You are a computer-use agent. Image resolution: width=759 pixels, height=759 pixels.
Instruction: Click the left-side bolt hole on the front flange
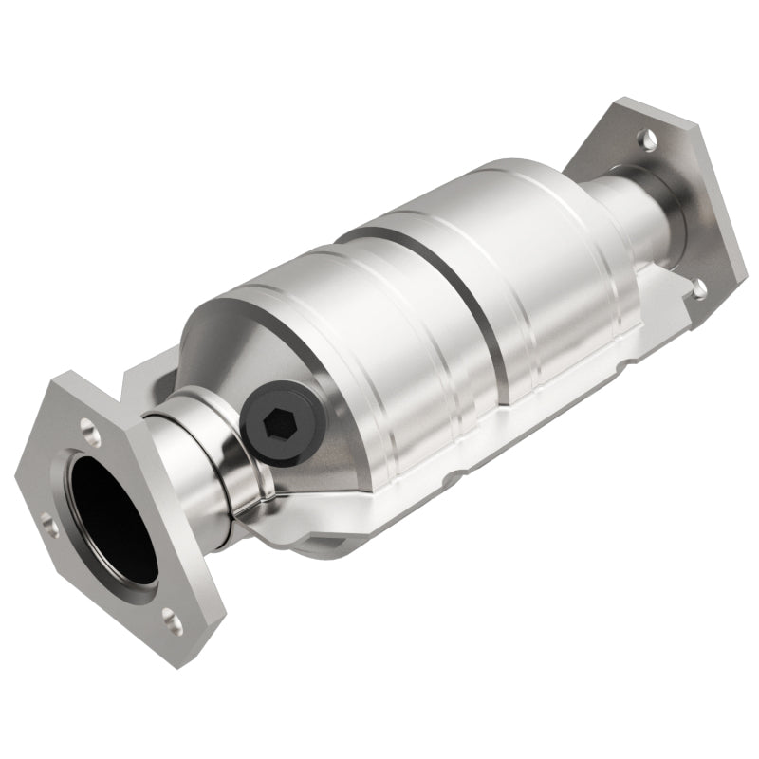(47, 524)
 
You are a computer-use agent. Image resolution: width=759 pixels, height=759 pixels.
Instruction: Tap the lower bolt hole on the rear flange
(699, 287)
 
